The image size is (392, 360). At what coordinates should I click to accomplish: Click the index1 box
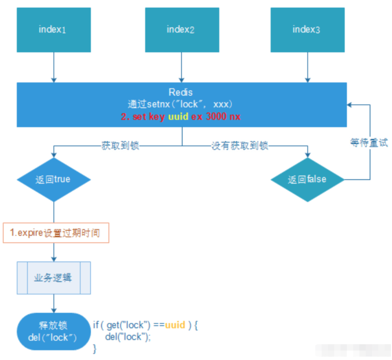point(53,30)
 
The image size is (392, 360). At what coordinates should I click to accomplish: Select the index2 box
point(181,30)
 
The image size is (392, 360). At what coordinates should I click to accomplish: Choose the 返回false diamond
point(307,179)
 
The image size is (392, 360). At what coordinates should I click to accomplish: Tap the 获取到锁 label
point(120,146)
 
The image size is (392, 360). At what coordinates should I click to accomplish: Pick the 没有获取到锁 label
point(240,146)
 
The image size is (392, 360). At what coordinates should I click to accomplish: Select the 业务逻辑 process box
point(55,277)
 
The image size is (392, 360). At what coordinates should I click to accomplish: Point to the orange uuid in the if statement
point(175,325)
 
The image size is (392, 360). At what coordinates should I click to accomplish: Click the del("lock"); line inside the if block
point(128,336)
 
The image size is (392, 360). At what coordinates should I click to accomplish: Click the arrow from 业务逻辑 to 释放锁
point(54,304)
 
